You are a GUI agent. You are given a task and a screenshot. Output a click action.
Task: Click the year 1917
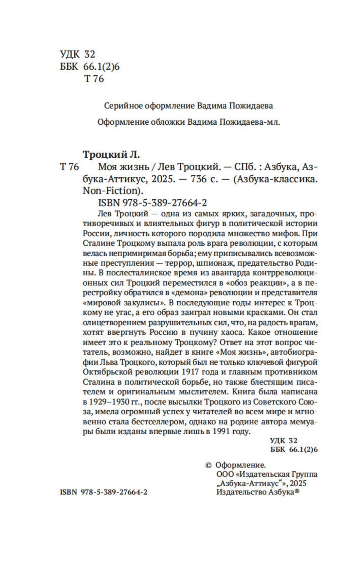(x=189, y=372)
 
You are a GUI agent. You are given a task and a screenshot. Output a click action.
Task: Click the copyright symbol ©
(x=208, y=465)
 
